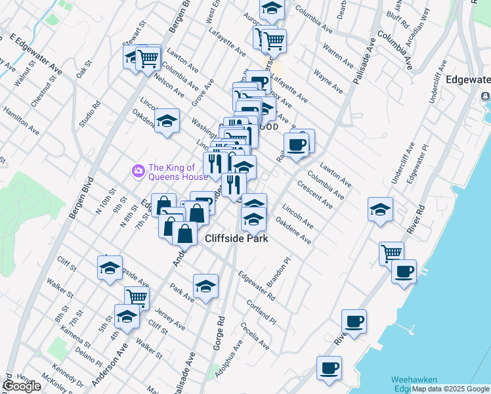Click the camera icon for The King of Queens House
[139, 171]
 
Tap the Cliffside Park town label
[237, 239]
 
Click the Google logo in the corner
[21, 386]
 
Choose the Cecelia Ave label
[255, 336]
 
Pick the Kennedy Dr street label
[66, 374]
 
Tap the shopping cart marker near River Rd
[392, 252]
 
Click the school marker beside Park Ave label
[205, 286]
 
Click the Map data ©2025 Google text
[451, 389]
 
